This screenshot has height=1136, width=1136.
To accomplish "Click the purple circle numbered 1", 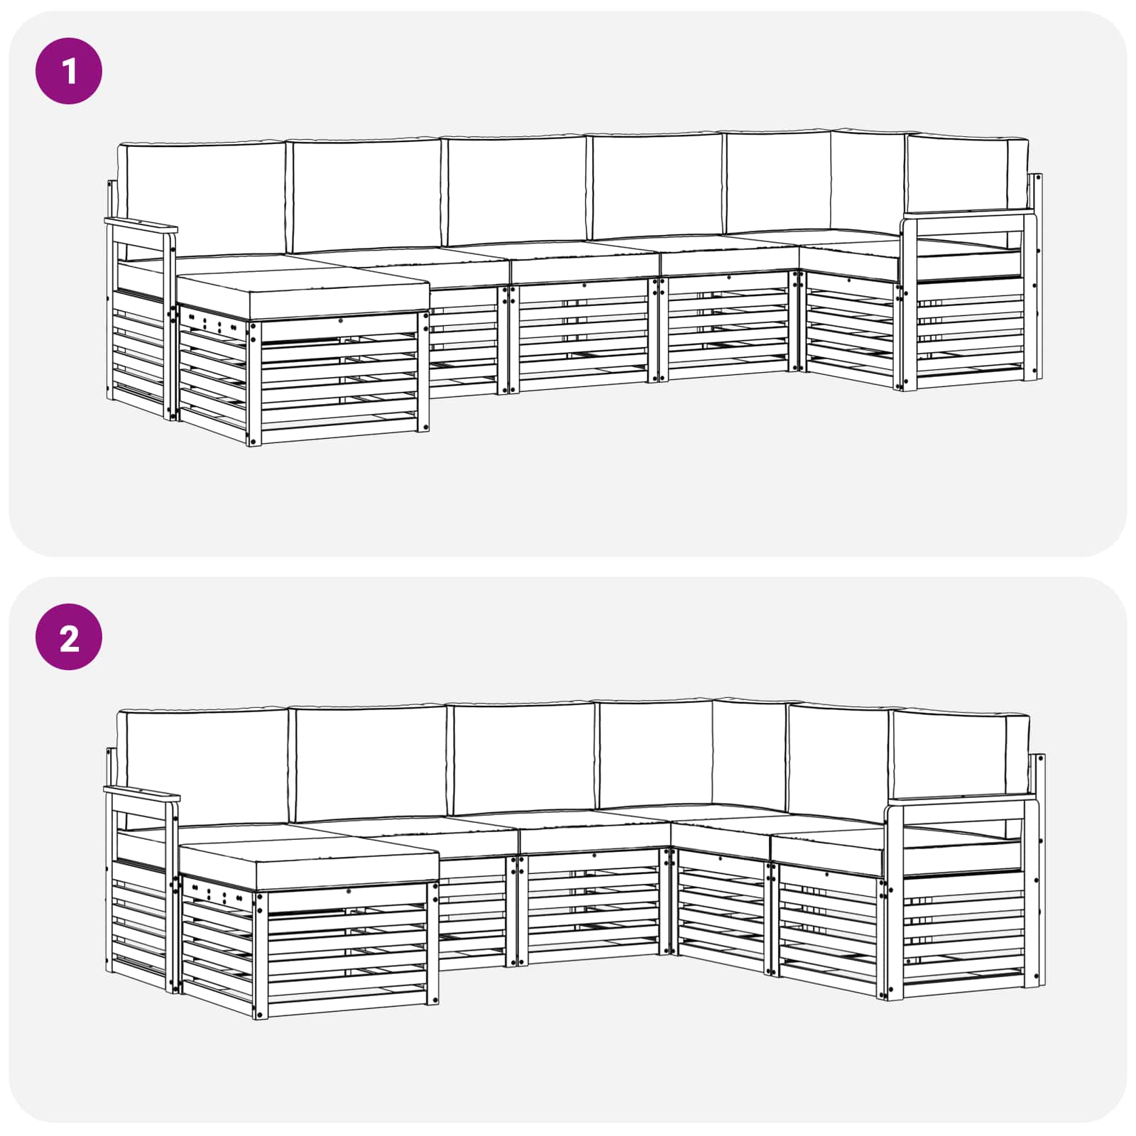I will pos(69,71).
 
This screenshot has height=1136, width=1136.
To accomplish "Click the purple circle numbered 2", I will pos(69,637).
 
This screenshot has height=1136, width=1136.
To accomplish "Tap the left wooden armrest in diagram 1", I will pos(141,227).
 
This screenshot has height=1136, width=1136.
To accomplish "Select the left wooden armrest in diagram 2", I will pos(141,794).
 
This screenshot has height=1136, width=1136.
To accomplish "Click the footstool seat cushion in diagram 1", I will pos(302,291).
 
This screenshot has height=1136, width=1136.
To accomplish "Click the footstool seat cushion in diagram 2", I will pos(309,861).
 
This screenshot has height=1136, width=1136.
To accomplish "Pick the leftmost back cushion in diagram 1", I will pos(202,199).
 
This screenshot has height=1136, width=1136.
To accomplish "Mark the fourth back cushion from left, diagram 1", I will pos(657,186).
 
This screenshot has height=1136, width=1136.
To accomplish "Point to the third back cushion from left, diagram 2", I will pos(523,758).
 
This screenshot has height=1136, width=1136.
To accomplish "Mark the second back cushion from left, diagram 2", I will pos(370,763).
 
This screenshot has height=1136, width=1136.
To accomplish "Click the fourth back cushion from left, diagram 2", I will pos(655,754).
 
